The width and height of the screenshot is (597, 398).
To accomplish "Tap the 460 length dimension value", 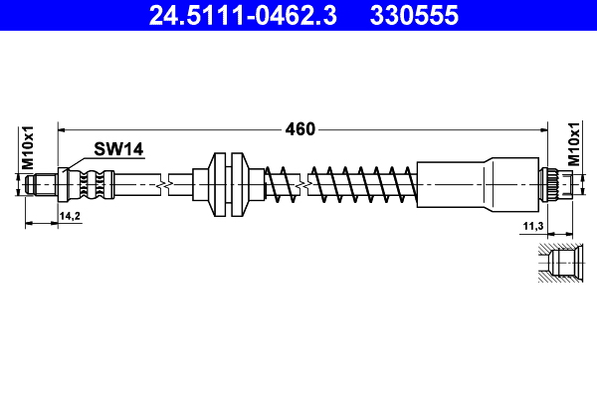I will point(300,128).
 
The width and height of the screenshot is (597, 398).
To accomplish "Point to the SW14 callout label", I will point(119,149).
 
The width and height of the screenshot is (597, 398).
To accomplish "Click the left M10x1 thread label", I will point(28,147).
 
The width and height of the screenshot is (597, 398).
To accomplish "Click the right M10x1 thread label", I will point(574,147).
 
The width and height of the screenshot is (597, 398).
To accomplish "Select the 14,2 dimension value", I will point(70,215).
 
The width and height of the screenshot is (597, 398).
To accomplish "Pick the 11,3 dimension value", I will point(532,228).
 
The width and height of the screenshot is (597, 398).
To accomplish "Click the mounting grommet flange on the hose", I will point(228,184).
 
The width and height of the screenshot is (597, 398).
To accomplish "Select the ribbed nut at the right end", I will point(555,184).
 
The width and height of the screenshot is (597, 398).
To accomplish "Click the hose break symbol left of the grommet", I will point(166,184).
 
